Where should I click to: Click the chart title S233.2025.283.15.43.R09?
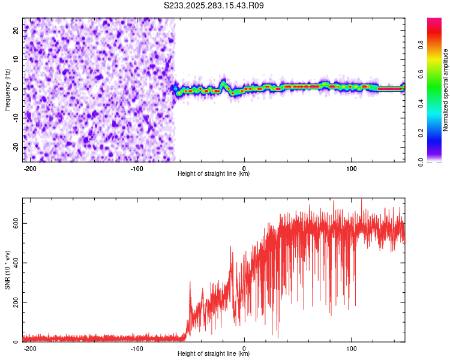[214, 5]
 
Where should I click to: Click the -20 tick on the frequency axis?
[16, 147]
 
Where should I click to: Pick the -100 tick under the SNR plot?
[137, 348]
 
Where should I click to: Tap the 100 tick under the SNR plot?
[352, 348]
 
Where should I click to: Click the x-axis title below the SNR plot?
[214, 354]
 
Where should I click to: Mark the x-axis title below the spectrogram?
[214, 174]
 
